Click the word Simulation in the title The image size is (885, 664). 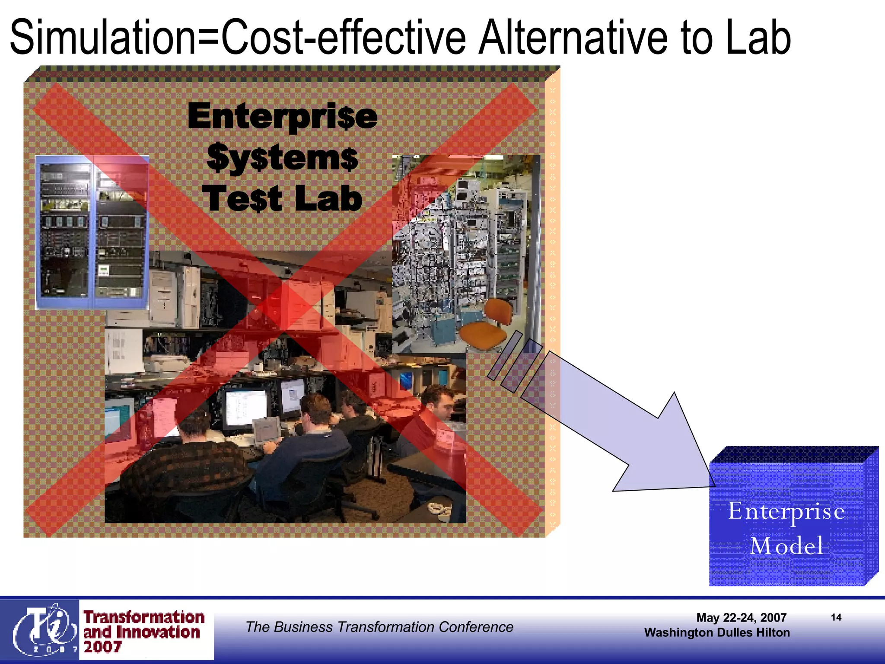[102, 38]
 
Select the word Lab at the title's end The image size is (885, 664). [758, 38]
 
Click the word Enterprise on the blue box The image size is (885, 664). [786, 512]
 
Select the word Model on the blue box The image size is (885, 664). [786, 546]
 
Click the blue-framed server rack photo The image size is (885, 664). [92, 233]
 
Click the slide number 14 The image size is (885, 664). [836, 617]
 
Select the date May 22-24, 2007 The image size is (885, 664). [741, 618]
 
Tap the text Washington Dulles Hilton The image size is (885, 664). [717, 632]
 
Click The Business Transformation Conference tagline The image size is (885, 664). [379, 627]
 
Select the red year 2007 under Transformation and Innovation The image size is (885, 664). [102, 647]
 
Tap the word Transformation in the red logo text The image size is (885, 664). [144, 617]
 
